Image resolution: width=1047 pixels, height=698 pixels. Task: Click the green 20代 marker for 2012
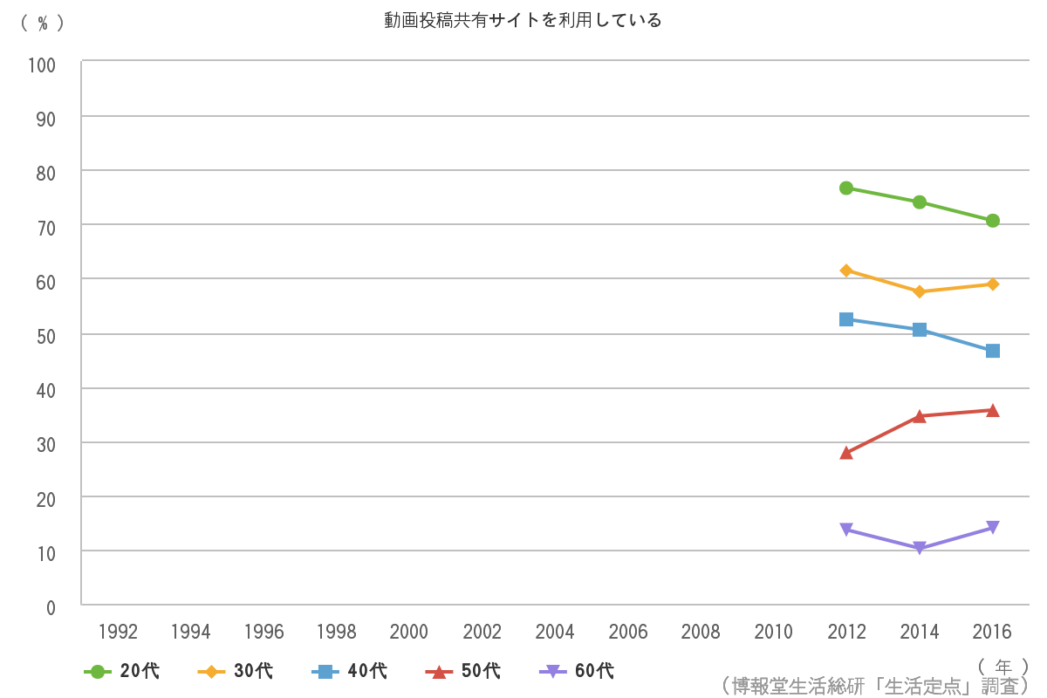click(846, 188)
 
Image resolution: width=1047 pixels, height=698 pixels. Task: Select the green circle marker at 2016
click(992, 221)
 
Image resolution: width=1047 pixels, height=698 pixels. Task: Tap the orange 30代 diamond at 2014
click(920, 291)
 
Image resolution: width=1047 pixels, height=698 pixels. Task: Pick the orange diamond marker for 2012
click(846, 270)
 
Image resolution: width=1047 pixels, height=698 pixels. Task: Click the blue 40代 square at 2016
click(992, 351)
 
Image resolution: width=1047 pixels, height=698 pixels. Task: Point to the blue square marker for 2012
click(846, 319)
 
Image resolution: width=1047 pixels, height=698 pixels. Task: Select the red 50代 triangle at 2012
click(846, 453)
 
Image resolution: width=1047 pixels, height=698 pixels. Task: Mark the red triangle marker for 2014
click(920, 415)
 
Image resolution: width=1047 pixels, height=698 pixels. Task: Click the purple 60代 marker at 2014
click(920, 548)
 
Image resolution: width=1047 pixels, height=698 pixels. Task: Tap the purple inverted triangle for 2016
click(992, 527)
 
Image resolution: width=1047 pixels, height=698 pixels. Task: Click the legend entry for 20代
click(122, 671)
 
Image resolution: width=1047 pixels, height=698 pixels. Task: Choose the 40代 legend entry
click(349, 671)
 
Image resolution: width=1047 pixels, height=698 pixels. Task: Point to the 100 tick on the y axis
click(42, 65)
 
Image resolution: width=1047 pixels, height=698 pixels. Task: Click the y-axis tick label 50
click(45, 336)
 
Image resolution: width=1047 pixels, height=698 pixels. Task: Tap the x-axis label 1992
click(118, 632)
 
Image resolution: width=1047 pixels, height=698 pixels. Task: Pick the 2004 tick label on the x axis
click(555, 632)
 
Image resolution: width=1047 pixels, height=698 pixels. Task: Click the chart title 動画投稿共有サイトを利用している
click(523, 20)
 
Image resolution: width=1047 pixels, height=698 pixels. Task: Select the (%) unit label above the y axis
click(42, 24)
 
